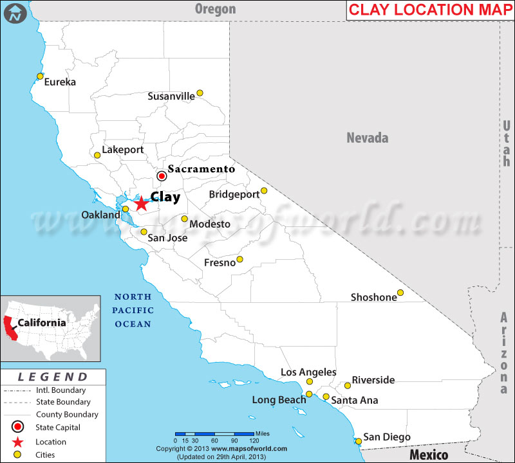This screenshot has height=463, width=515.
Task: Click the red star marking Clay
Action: pos(141,203)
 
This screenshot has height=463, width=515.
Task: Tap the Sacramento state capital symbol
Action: pos(162,176)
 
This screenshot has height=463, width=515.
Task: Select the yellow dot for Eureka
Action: pos(40,76)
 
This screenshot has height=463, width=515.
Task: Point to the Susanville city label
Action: pos(171,96)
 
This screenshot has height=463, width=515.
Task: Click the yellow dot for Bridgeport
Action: pos(264,190)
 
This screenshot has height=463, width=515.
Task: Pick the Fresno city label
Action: pos(220,263)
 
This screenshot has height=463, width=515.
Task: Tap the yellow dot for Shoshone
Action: pos(400,293)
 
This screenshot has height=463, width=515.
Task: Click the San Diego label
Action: pos(387,437)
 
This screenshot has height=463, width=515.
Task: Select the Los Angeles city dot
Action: pos(309,382)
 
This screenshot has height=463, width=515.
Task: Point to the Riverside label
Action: pos(373,380)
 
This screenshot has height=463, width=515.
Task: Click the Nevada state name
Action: pos(368,138)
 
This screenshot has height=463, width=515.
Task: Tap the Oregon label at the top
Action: pos(216,9)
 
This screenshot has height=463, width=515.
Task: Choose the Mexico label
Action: pos(429,455)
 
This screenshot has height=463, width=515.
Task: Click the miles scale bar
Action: pos(214,433)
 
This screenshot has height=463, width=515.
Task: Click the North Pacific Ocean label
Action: pos(133,310)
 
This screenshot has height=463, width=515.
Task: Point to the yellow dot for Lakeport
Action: pos(97,155)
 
